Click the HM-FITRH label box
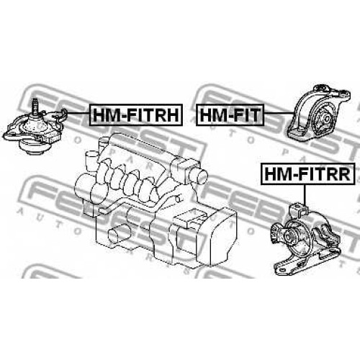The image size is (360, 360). coord(136,114)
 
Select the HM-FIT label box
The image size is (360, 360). coord(230,114)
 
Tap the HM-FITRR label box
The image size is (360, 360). coord(307,174)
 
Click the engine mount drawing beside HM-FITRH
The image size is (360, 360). coord(35,127)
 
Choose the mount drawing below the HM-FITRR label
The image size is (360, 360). coord(306,240)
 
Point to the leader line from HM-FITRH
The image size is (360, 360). coord(78,113)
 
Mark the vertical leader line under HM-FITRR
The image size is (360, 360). coord(305,195)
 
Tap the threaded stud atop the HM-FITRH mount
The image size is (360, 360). coord(35,106)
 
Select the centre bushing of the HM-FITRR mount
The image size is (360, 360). coord(289,236)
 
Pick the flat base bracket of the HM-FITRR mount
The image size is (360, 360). coord(307,263)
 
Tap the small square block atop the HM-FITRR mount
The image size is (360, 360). coord(298,209)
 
